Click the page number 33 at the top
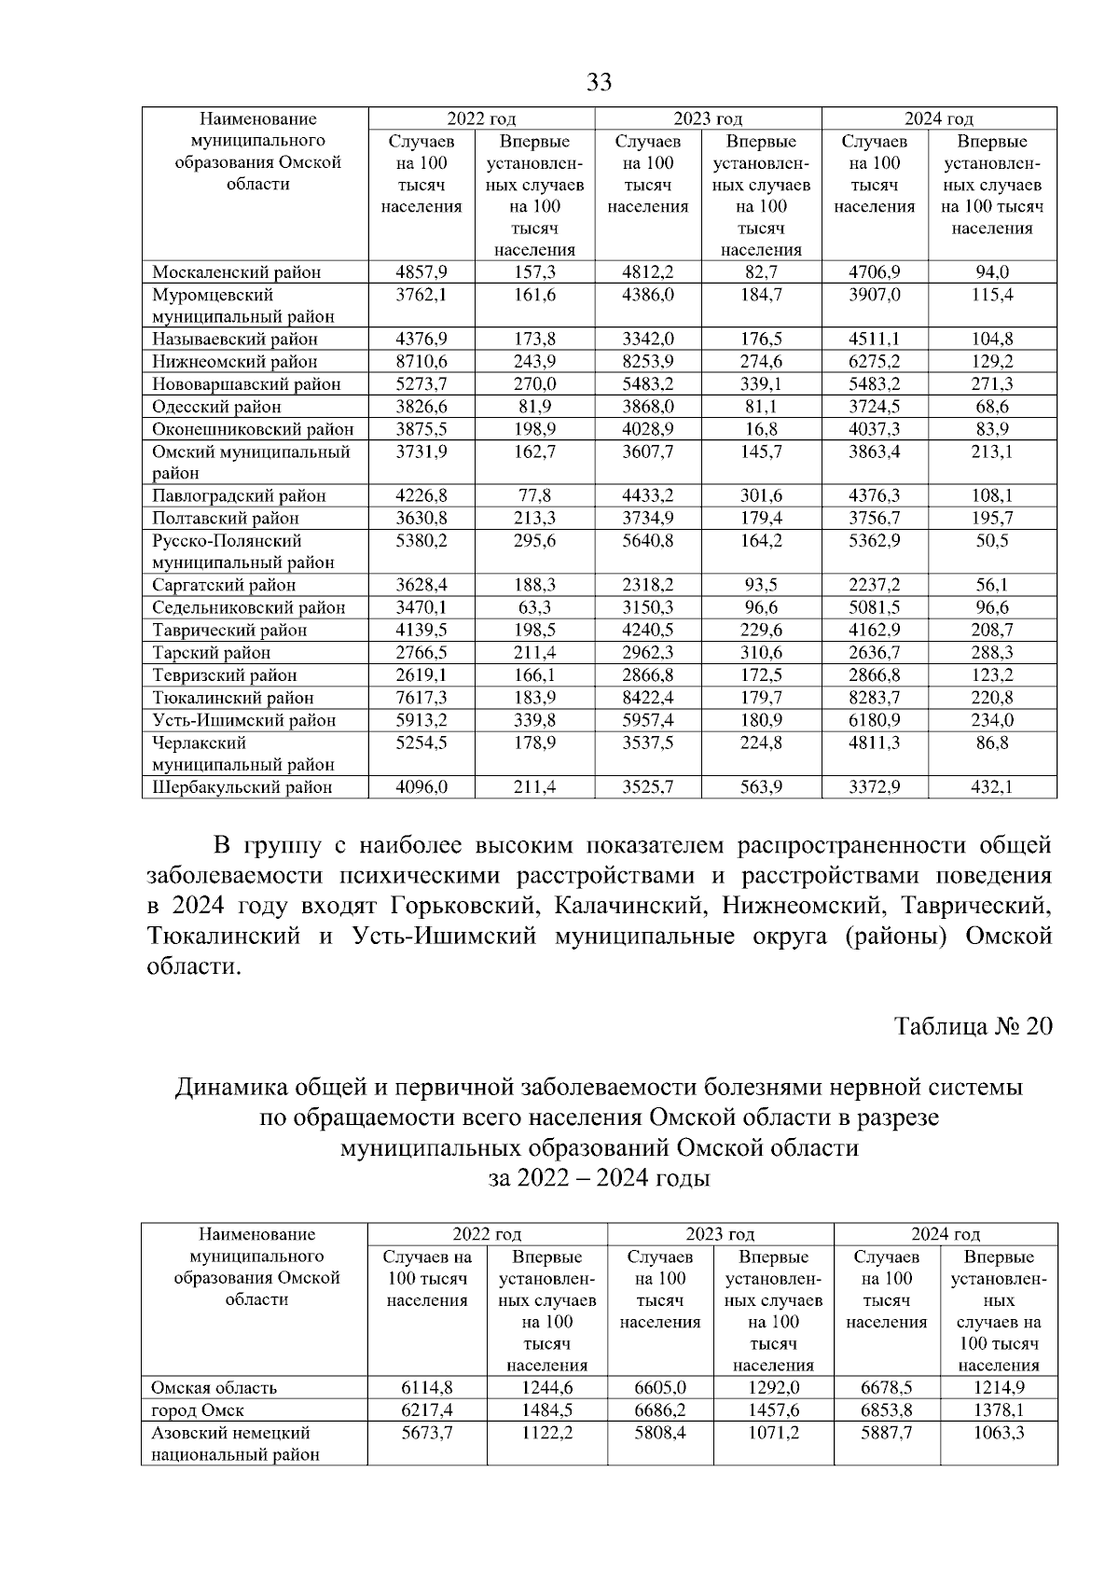click(599, 83)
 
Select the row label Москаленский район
click(236, 272)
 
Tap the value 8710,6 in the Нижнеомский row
click(421, 361)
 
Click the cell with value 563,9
click(761, 787)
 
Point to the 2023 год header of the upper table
click(708, 118)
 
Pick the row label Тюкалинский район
click(233, 698)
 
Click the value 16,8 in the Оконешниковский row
click(761, 429)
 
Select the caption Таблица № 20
click(973, 1026)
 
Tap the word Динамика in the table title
click(230, 1088)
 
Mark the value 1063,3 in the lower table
click(998, 1433)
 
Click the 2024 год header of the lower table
click(946, 1234)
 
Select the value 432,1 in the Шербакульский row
click(992, 787)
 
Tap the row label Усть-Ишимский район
click(243, 720)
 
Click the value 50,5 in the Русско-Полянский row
click(992, 541)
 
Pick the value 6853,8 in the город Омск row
click(886, 1410)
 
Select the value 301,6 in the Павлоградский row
click(761, 496)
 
